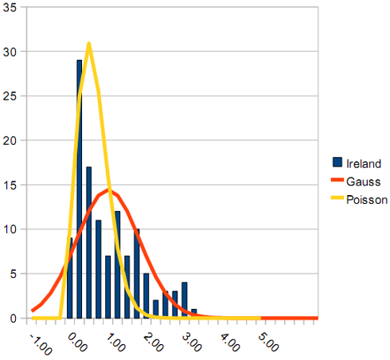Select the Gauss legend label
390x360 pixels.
click(x=364, y=182)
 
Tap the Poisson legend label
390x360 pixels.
click(x=367, y=200)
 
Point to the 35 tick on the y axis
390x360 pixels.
click(x=10, y=7)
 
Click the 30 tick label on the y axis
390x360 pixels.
click(x=10, y=52)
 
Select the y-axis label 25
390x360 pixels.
click(x=10, y=96)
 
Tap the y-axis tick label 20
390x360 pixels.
click(x=10, y=141)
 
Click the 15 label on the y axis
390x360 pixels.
click(x=10, y=185)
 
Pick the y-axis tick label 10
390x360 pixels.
click(x=10, y=229)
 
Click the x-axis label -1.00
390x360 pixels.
click(x=41, y=344)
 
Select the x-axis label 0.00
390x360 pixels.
click(x=77, y=342)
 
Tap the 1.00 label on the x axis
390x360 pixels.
click(x=115, y=342)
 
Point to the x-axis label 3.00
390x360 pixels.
click(x=192, y=342)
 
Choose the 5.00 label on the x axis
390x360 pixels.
click(x=268, y=342)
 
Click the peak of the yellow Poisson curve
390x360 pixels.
click(x=89, y=43)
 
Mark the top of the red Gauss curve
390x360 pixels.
click(x=108, y=190)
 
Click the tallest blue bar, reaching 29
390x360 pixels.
click(x=80, y=189)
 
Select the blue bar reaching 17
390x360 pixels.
click(x=89, y=242)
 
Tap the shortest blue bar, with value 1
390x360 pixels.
click(x=194, y=314)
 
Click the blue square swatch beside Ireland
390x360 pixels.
click(x=337, y=162)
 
